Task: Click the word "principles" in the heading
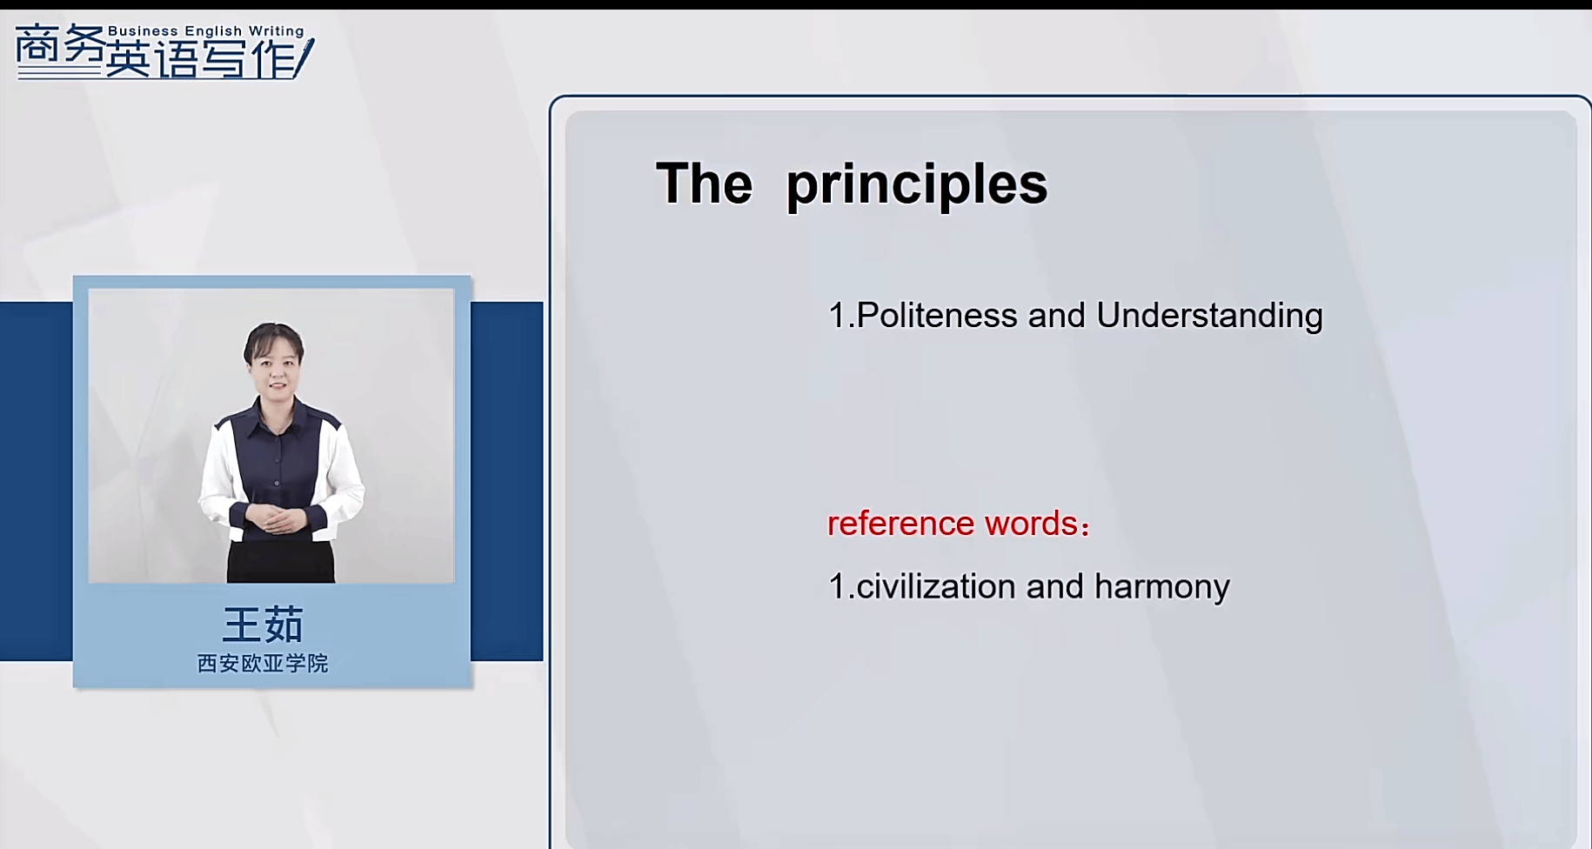pos(917,185)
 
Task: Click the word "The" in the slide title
pos(705,184)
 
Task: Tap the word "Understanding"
pos(1209,316)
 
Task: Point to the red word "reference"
pos(900,524)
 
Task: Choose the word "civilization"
pos(936,586)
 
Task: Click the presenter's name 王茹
pos(263,625)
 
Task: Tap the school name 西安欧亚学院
pos(263,664)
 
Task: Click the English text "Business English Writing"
pos(206,31)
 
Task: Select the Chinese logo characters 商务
pos(59,48)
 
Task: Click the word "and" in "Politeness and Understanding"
pos(1057,315)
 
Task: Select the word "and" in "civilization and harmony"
pos(1055,586)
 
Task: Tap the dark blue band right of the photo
pos(507,481)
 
